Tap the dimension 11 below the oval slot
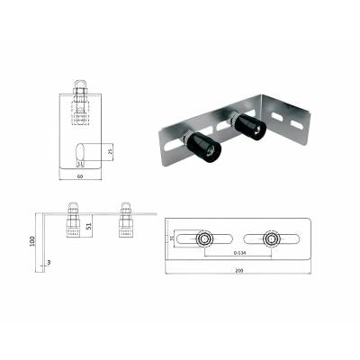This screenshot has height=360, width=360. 80,165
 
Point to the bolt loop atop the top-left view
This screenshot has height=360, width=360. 79,89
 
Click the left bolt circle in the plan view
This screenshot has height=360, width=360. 206,238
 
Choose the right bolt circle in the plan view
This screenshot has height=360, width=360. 270,238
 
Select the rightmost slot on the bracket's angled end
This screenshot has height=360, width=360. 296,119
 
